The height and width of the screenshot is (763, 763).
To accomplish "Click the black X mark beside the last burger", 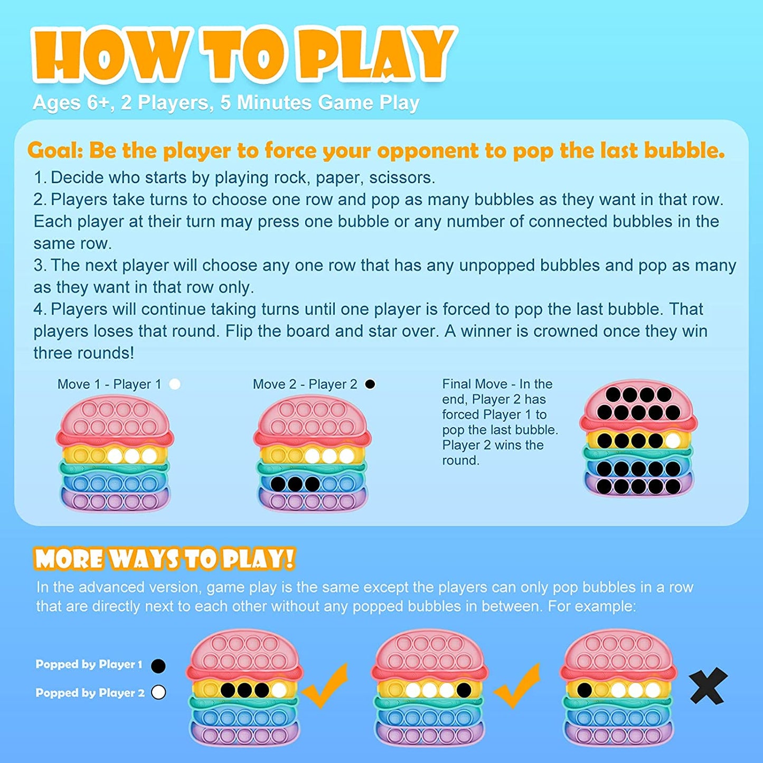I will [x=708, y=686].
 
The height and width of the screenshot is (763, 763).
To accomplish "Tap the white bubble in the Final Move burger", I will [x=672, y=440].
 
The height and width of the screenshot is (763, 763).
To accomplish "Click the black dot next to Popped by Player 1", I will [x=158, y=666].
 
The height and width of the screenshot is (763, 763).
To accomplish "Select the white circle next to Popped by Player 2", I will [x=158, y=692].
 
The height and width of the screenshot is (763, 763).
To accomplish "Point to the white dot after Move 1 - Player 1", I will [x=175, y=384].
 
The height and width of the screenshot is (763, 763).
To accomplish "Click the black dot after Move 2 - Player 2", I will [x=370, y=384].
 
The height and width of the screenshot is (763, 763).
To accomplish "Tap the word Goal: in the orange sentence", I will [x=55, y=150].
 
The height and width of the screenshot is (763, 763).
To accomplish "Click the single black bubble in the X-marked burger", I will [x=584, y=690].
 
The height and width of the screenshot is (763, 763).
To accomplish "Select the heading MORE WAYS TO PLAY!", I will [x=164, y=559].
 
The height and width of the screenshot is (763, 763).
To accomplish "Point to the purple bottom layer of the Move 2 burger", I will [x=313, y=500].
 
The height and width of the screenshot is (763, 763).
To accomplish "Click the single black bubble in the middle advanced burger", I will [x=464, y=690].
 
